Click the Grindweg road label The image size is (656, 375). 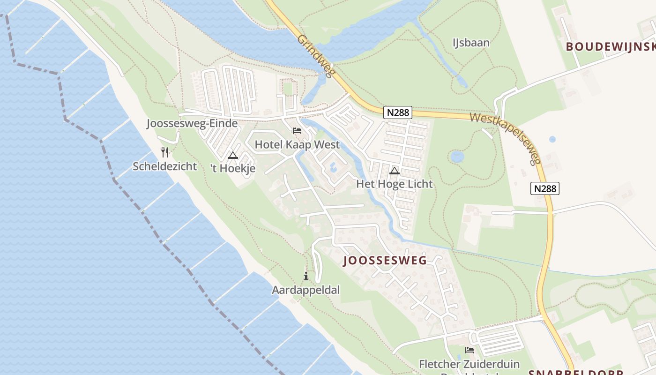(317, 56)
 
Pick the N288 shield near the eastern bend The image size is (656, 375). (545, 188)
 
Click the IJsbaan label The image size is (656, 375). (470, 43)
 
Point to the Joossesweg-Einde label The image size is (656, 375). (192, 124)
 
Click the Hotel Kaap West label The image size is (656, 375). (297, 144)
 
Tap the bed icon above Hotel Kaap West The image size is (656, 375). (297, 131)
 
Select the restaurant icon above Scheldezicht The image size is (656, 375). (165, 152)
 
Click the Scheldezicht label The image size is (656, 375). (164, 166)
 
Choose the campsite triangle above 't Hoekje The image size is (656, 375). (233, 155)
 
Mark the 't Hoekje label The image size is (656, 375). (233, 168)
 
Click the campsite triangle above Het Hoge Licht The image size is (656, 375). (395, 171)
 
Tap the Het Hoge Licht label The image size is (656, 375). (395, 184)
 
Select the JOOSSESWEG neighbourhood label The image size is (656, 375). (385, 261)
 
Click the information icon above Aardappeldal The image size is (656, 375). (306, 276)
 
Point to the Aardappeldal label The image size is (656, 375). (306, 290)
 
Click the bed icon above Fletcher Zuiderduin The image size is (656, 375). (470, 350)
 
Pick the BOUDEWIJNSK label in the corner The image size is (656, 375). (610, 46)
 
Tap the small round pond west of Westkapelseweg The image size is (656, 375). (457, 157)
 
